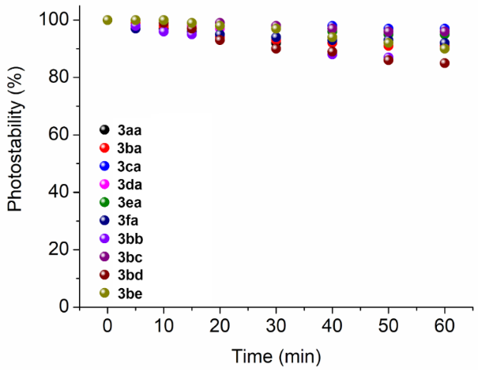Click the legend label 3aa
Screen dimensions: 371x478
(x=130, y=129)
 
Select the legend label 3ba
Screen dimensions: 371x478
(x=130, y=148)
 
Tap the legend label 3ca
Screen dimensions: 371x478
(x=130, y=167)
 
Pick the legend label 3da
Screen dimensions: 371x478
(x=130, y=185)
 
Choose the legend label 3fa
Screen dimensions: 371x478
(x=129, y=221)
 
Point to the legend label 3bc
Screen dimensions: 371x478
(x=130, y=258)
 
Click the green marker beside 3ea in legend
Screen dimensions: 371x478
(x=104, y=203)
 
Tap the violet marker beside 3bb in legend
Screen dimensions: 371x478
(x=104, y=240)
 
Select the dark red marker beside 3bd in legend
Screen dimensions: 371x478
(x=104, y=276)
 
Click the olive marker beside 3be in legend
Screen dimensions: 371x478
(x=104, y=294)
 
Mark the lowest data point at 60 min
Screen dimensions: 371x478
(x=445, y=63)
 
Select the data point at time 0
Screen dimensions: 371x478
(x=107, y=20)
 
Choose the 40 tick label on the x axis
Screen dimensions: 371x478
(x=332, y=326)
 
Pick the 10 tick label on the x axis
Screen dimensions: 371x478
(x=164, y=326)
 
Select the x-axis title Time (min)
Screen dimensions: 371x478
(x=276, y=355)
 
